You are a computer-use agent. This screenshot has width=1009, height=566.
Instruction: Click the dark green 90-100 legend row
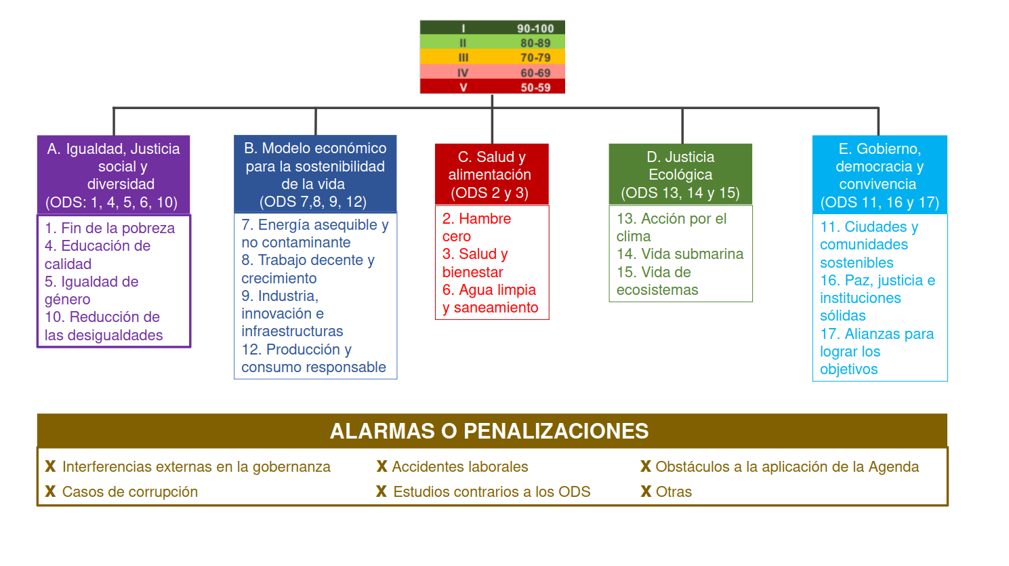(493, 28)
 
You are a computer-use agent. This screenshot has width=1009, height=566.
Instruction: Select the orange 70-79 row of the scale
(493, 57)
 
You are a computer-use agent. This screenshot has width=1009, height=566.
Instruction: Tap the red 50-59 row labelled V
(493, 87)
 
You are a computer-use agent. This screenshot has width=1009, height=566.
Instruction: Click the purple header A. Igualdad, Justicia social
(114, 175)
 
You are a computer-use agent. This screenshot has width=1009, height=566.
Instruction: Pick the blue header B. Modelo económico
(315, 174)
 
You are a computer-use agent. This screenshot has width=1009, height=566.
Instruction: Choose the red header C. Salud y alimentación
(492, 174)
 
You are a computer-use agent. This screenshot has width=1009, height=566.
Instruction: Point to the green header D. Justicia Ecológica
(680, 174)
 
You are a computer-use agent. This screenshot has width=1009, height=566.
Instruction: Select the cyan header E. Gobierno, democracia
(880, 175)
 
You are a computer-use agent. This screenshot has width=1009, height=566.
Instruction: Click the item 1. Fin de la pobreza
(110, 228)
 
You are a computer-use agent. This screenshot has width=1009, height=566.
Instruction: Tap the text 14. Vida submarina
(680, 254)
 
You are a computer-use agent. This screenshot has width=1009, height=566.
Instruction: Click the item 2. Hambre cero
(476, 227)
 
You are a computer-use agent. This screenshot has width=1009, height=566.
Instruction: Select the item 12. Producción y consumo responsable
(314, 359)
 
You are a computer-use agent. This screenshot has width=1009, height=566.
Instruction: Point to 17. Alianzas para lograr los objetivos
(877, 352)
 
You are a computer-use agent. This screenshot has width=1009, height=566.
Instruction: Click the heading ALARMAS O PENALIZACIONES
(489, 431)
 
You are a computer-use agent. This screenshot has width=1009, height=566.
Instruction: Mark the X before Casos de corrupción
(50, 491)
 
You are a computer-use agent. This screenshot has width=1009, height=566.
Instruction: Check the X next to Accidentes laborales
(382, 466)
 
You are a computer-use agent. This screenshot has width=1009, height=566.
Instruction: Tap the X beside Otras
(646, 491)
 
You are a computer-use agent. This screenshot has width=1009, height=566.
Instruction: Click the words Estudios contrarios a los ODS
(491, 491)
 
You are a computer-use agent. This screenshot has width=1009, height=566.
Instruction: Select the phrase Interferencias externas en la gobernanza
(197, 467)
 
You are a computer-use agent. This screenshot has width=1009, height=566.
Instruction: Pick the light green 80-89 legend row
(493, 42)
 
